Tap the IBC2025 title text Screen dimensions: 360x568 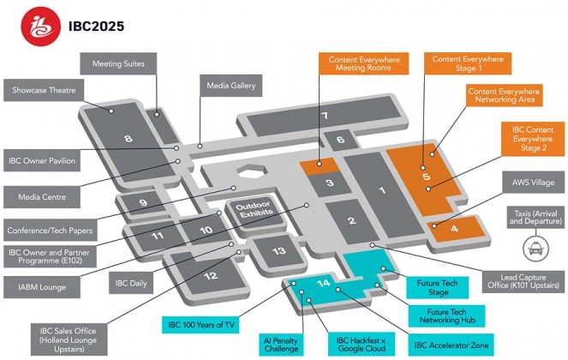pos(96,27)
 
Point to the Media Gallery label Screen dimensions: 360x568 pos(231,86)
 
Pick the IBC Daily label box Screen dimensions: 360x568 pos(133,283)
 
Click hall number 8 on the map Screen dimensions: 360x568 pos(129,137)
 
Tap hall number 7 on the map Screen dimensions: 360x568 pos(325,116)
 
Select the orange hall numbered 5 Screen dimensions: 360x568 pos(425,177)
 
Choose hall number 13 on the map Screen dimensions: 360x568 pos(278,251)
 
